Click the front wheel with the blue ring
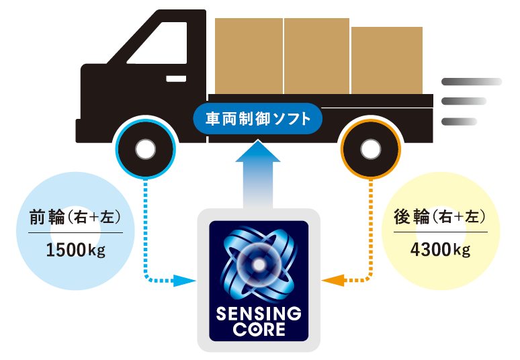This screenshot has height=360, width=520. [x=145, y=149]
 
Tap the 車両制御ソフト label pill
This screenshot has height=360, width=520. [x=258, y=119]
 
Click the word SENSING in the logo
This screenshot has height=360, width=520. [x=259, y=315]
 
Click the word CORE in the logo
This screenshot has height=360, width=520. [x=259, y=330]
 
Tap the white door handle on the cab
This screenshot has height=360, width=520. [x=176, y=78]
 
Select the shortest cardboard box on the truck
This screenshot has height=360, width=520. [x=386, y=60]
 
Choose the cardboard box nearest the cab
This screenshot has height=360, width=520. [x=249, y=56]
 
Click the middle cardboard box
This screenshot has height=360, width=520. [x=317, y=56]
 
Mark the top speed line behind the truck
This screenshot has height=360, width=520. [x=471, y=82]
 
